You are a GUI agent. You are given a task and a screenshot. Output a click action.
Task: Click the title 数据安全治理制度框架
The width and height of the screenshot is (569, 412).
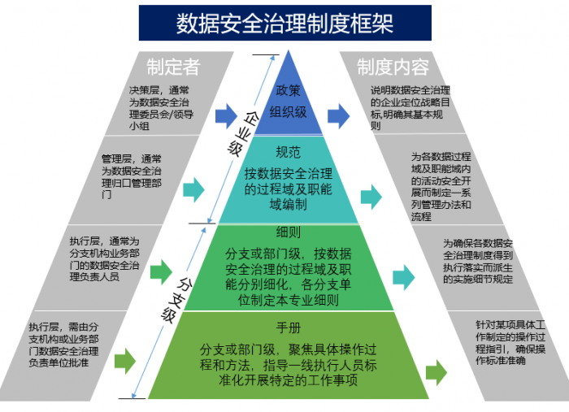point(284,23)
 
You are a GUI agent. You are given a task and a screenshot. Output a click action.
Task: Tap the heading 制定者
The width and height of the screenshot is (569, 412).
point(172,66)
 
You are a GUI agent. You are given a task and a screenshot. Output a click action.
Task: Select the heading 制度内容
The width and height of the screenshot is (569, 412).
point(393,66)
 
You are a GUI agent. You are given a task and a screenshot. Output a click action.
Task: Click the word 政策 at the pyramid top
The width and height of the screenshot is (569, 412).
point(289,90)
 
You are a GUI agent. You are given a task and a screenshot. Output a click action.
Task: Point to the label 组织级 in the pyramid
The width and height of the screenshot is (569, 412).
point(289,112)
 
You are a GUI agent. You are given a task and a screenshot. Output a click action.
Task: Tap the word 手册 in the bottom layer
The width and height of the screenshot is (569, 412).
point(289,329)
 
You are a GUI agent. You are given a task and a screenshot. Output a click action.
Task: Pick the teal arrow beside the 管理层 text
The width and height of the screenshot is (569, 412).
point(193,190)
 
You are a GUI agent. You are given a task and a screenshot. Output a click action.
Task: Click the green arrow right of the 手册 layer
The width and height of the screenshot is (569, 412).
point(436,371)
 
